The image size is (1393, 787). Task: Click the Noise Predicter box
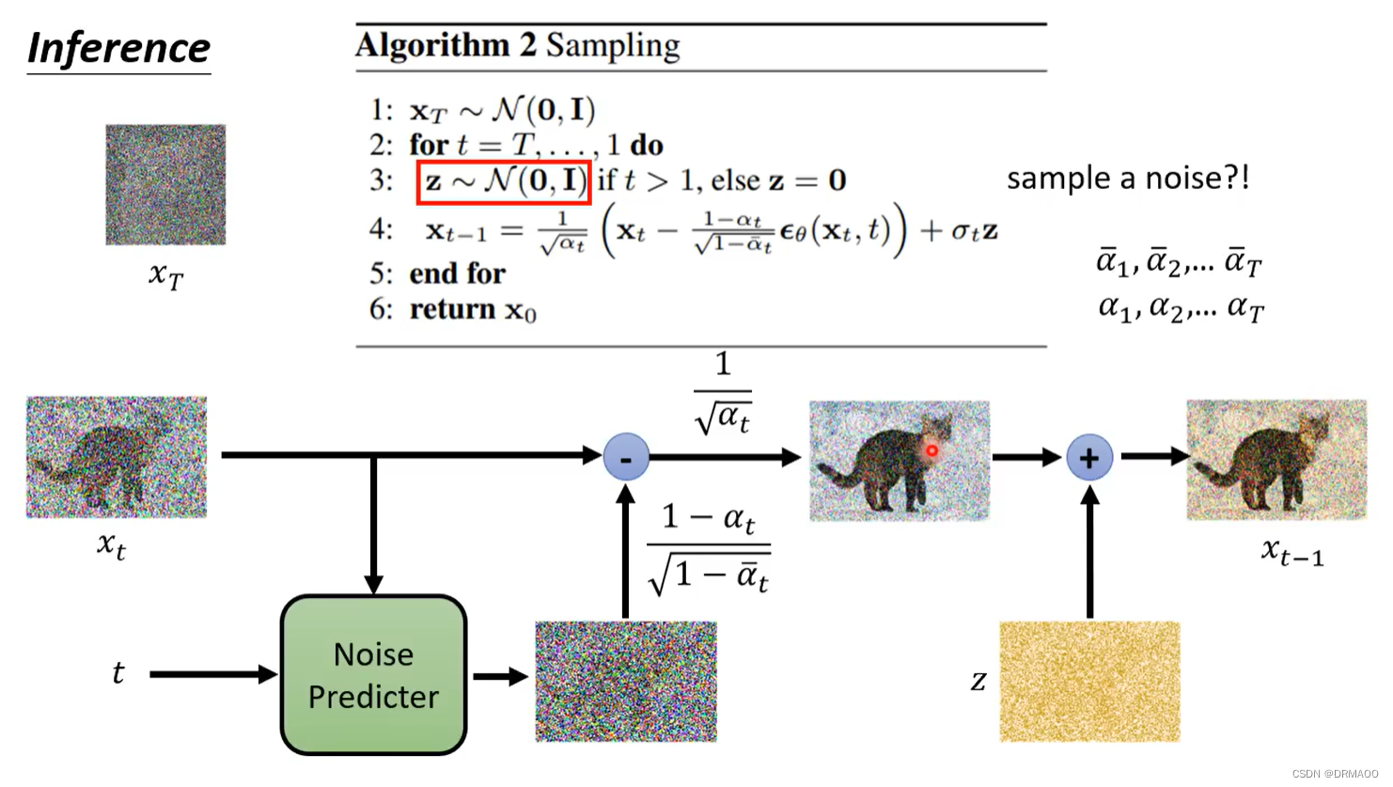pyautogui.click(x=373, y=674)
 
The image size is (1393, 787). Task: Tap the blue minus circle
pyautogui.click(x=626, y=457)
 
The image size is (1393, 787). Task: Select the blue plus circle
pyautogui.click(x=1089, y=458)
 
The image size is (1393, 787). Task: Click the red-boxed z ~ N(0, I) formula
pyautogui.click(x=504, y=181)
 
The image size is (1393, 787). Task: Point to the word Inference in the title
pyautogui.click(x=118, y=48)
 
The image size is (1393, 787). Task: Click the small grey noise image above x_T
pyautogui.click(x=165, y=184)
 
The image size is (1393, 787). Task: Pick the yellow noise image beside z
pyautogui.click(x=1089, y=682)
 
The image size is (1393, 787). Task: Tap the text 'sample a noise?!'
pyautogui.click(x=1128, y=178)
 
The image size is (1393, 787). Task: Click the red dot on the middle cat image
pyautogui.click(x=931, y=450)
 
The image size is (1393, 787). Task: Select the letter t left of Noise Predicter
pyautogui.click(x=117, y=673)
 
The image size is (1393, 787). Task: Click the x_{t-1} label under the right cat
pyautogui.click(x=1292, y=552)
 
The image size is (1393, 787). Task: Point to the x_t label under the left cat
pyautogui.click(x=111, y=544)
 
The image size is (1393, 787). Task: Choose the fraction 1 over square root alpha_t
pyautogui.click(x=723, y=392)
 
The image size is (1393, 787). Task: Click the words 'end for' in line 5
pyautogui.click(x=458, y=274)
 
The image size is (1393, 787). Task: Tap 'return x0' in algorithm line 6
pyautogui.click(x=473, y=309)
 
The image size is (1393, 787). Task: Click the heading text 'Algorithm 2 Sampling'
pyautogui.click(x=518, y=45)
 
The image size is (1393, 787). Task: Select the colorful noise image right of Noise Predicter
pyautogui.click(x=626, y=682)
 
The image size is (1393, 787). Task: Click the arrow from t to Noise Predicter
pyautogui.click(x=212, y=674)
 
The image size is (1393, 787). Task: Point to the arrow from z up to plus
pyautogui.click(x=1089, y=555)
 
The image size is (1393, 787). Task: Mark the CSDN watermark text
pyautogui.click(x=1335, y=774)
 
